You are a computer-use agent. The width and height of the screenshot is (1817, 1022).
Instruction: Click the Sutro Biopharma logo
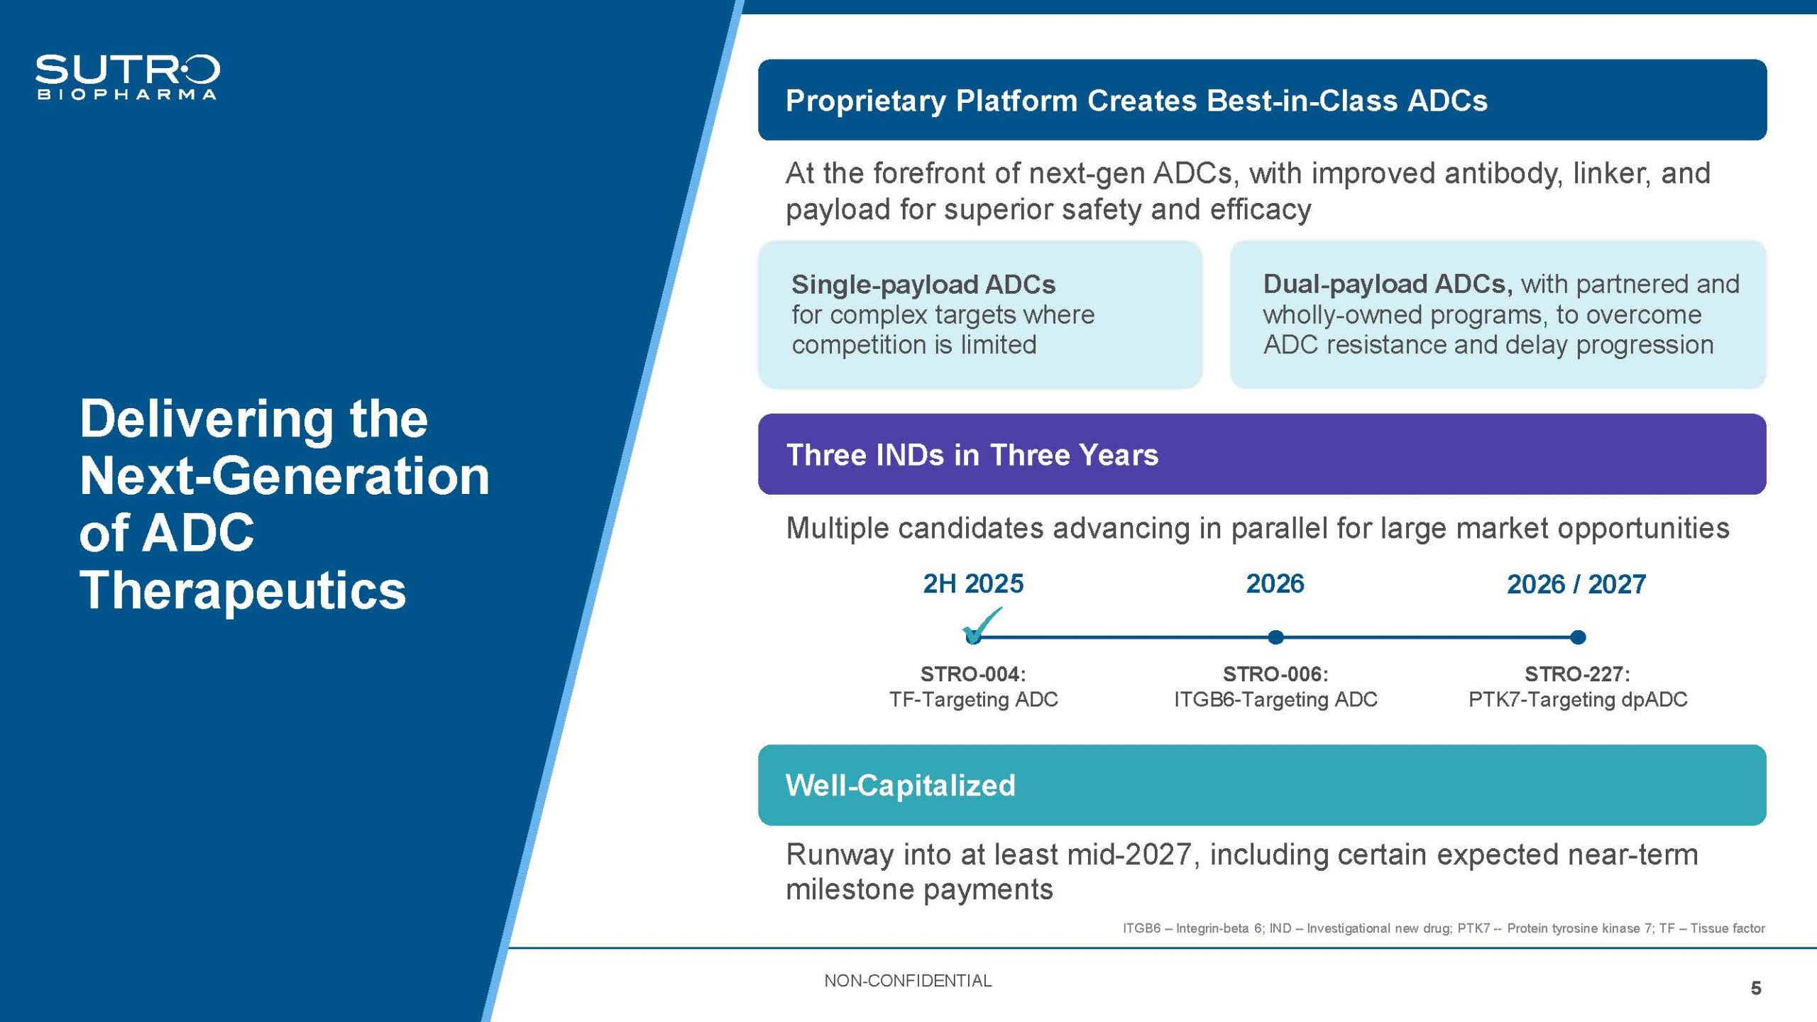128,77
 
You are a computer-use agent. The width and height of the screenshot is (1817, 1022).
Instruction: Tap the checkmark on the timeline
982,625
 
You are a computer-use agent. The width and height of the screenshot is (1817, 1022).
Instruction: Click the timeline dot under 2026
1275,637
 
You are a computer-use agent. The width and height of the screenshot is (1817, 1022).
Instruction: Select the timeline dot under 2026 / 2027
1578,637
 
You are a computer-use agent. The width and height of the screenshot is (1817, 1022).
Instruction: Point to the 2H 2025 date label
973,583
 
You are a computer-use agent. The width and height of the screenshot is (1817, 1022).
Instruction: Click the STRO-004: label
973,674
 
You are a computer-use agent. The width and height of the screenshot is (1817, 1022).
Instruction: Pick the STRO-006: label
1275,674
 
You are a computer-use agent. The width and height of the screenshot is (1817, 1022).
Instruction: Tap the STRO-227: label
1578,674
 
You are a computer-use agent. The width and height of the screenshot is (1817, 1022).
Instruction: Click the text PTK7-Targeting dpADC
1578,700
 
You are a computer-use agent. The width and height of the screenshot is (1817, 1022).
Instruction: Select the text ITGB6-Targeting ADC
1275,700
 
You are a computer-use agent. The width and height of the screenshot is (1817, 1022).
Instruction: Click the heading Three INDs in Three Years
972,455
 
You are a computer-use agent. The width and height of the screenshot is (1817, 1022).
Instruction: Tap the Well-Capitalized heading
901,786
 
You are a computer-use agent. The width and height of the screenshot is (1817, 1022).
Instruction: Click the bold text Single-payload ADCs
923,285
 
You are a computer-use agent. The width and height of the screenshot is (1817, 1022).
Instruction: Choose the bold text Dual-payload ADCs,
1388,284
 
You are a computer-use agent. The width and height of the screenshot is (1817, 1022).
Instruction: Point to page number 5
1756,988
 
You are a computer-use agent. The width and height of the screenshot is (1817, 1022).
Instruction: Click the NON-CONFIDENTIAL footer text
908,981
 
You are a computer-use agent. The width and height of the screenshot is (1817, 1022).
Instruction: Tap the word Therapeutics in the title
243,590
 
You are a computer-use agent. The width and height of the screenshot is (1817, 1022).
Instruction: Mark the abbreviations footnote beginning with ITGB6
1444,928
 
